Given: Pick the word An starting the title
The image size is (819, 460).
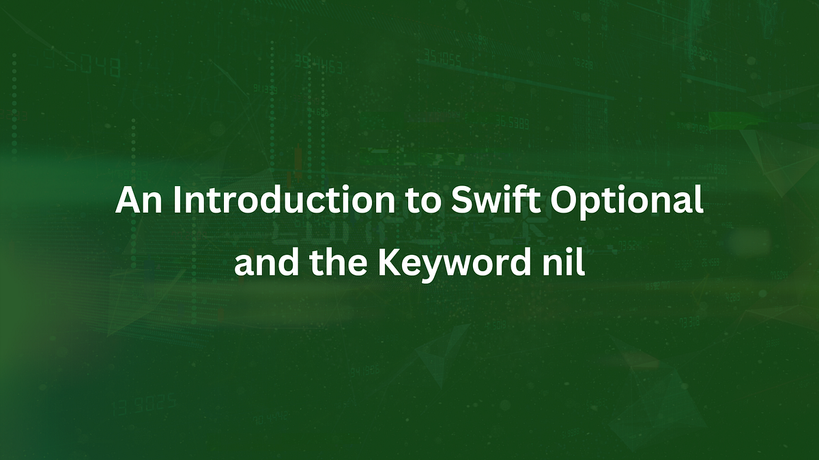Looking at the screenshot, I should tap(139, 202).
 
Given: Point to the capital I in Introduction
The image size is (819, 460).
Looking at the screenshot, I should tap(177, 202).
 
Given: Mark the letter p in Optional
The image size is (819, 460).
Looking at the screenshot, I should tap(600, 206).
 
